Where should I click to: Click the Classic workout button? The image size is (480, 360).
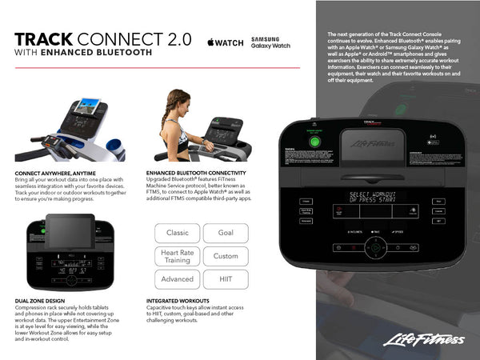pos(178,233)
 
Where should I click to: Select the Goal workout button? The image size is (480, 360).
pos(226,233)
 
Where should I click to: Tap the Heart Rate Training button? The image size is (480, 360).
pos(178,256)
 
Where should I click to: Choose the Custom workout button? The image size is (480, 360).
pos(226,256)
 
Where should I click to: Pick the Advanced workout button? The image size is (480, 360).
pos(178,279)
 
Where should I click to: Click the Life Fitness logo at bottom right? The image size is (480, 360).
pos(423,341)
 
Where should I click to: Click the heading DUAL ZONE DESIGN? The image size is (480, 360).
pos(41,301)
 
